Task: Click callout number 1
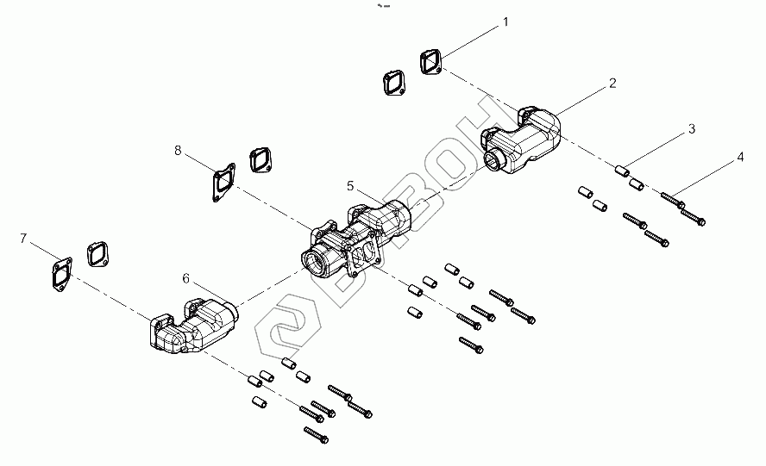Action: pos(505,22)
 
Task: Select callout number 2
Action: pos(612,84)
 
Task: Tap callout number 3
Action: pos(691,130)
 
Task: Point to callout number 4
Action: pos(739,158)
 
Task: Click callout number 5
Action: pos(350,185)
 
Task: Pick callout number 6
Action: pos(185,278)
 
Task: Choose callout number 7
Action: pos(23,237)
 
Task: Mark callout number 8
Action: pos(178,150)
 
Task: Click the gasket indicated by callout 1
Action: pos(430,62)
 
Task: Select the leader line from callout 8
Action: pos(198,165)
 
